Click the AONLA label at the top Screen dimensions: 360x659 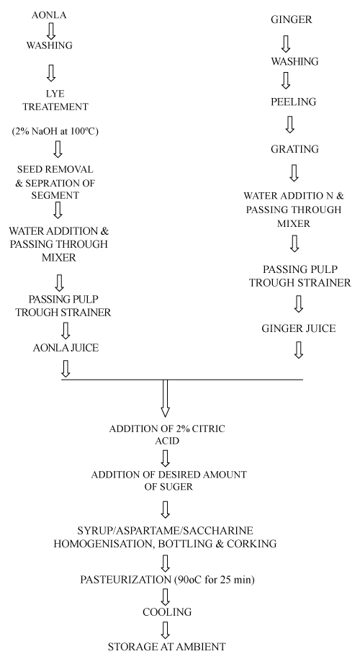click(49, 16)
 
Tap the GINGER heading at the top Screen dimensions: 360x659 click(291, 19)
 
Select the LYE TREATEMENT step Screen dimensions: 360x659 click(55, 100)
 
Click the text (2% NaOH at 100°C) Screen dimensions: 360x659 click(55, 132)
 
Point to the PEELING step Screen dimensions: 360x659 click(293, 102)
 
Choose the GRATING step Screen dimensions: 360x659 click(294, 149)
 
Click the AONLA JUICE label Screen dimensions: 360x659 click(66, 348)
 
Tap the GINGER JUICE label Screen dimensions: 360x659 click(299, 328)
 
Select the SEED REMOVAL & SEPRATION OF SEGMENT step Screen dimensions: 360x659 click(55, 182)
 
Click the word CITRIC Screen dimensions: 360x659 click(207, 429)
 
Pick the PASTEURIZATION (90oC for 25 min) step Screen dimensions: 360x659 click(167, 580)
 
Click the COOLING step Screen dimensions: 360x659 click(167, 612)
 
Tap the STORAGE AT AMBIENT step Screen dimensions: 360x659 click(167, 646)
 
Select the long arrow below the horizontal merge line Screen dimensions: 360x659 click(165, 398)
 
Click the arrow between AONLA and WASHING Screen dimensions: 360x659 click(51, 31)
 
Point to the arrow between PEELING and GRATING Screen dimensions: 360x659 click(289, 124)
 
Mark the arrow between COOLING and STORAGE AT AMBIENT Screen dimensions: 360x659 click(166, 630)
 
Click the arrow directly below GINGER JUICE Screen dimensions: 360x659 click(299, 350)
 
